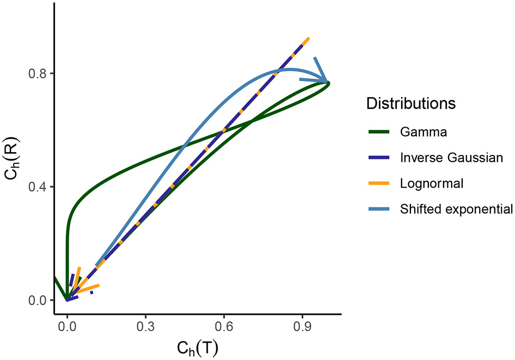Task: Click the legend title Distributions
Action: [411, 103]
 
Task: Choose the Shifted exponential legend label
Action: [456, 209]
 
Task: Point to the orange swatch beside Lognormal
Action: [378, 183]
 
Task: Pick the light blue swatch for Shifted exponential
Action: [378, 209]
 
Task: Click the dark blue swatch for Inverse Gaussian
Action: [378, 157]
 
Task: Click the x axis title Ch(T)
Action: [197, 348]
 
